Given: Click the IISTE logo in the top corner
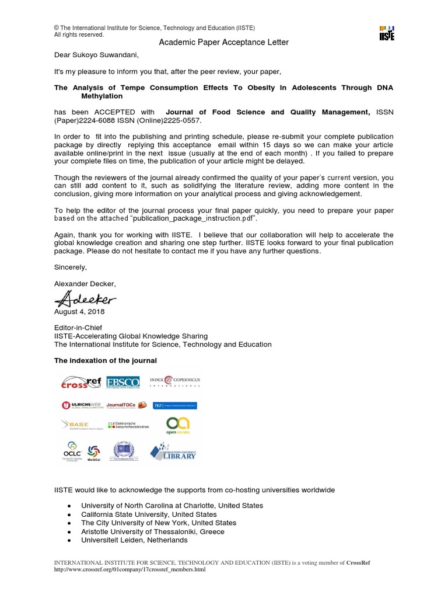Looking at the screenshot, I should [x=386, y=33].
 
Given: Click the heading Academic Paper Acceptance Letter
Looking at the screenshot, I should [x=216, y=43].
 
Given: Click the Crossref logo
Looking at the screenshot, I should [x=80, y=383].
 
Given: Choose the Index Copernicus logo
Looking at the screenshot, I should [x=174, y=381].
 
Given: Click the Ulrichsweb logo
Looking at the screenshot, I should [x=81, y=405].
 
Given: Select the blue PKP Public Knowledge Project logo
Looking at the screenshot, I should [x=174, y=405].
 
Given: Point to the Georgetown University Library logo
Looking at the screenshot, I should [x=173, y=451].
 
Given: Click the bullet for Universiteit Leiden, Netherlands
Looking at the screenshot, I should [x=69, y=541].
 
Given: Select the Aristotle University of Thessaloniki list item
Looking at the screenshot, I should [x=152, y=532].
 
